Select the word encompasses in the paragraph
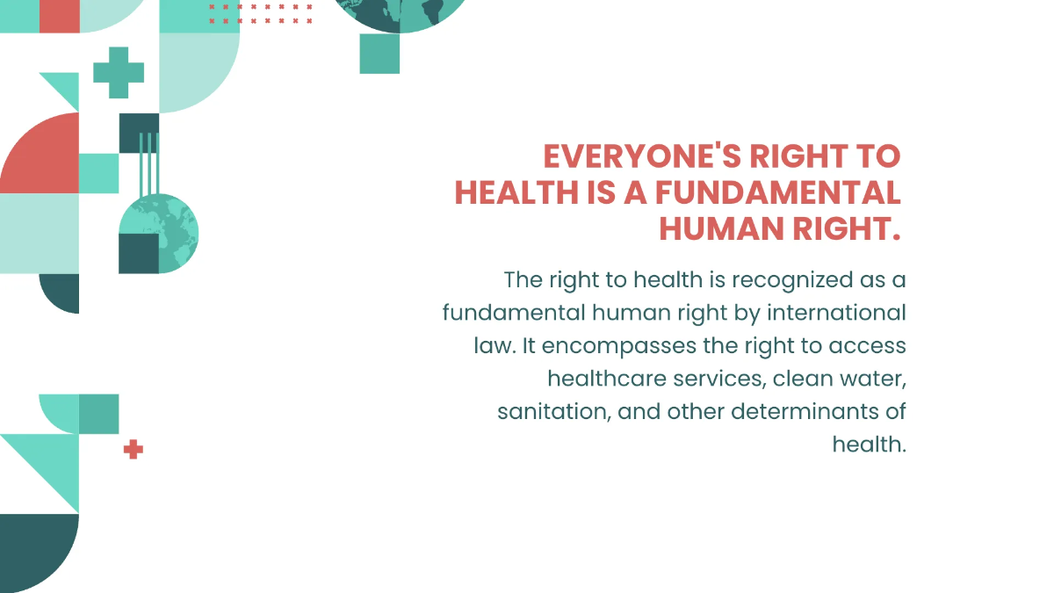(x=607, y=345)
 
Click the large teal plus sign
(x=119, y=73)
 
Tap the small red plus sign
(x=133, y=450)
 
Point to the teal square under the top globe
(x=379, y=54)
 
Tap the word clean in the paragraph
(x=798, y=379)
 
